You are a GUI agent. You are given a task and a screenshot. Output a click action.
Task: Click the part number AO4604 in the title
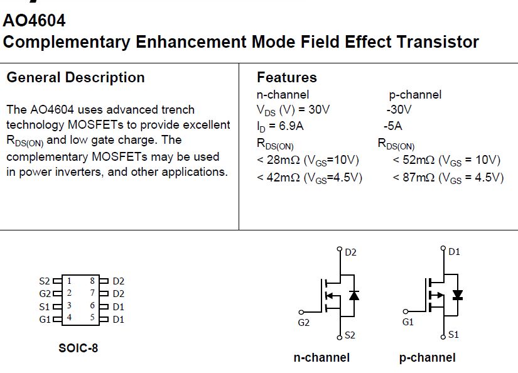tap(35, 20)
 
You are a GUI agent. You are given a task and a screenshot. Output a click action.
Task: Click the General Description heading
tap(75, 77)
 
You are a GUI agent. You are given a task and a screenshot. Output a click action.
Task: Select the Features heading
tap(287, 77)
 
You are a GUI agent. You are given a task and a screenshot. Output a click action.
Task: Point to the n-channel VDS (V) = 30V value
tap(293, 110)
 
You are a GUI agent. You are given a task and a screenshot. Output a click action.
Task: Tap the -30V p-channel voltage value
tap(399, 110)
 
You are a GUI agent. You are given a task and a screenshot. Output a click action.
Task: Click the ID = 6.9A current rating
tap(281, 126)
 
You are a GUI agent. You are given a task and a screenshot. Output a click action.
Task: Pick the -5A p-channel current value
tap(392, 126)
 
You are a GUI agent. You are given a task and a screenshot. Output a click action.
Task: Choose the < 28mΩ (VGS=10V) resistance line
tap(307, 160)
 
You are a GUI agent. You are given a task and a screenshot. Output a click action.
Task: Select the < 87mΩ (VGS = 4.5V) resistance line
tap(448, 178)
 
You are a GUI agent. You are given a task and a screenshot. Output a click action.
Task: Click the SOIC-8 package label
tap(78, 347)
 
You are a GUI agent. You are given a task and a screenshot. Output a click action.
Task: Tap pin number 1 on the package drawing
tap(69, 281)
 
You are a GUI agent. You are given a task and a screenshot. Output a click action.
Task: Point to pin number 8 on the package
tap(92, 281)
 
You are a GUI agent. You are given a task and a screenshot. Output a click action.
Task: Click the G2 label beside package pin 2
tap(45, 294)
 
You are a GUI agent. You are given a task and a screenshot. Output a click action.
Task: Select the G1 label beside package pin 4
tap(45, 319)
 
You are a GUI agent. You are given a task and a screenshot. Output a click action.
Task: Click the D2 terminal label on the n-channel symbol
tap(350, 252)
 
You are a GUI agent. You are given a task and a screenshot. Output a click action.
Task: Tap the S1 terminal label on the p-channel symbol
tap(453, 335)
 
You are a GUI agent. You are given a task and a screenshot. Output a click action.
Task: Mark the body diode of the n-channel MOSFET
tap(354, 295)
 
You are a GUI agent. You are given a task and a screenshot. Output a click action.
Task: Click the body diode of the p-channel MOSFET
tap(457, 295)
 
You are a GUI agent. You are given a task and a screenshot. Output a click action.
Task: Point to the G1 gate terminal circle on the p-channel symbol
tap(406, 311)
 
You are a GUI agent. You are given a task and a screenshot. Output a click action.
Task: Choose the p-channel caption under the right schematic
tap(427, 358)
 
